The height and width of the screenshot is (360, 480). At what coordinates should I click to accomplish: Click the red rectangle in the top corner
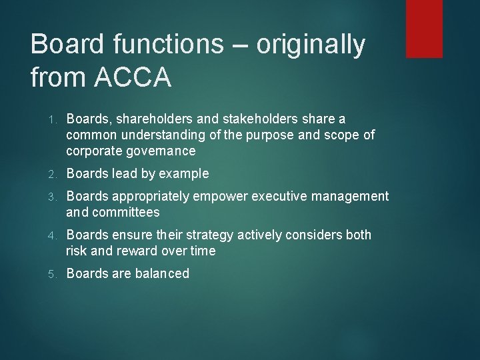coord(424,28)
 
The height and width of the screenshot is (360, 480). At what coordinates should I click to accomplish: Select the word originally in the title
coord(311,45)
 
